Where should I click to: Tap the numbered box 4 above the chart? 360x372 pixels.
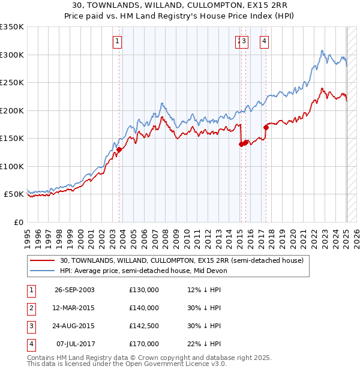pos(264,41)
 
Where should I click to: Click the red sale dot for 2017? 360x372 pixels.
pos(266,127)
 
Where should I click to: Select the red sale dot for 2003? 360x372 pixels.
pos(119,149)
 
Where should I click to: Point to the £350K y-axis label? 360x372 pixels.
pos(12,27)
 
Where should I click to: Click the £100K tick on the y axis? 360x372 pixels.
pos(12,166)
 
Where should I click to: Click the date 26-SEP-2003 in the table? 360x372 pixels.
pos(74,290)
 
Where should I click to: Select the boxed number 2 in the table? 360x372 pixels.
pos(31,308)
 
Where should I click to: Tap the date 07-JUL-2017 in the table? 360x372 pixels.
pos(74,344)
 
